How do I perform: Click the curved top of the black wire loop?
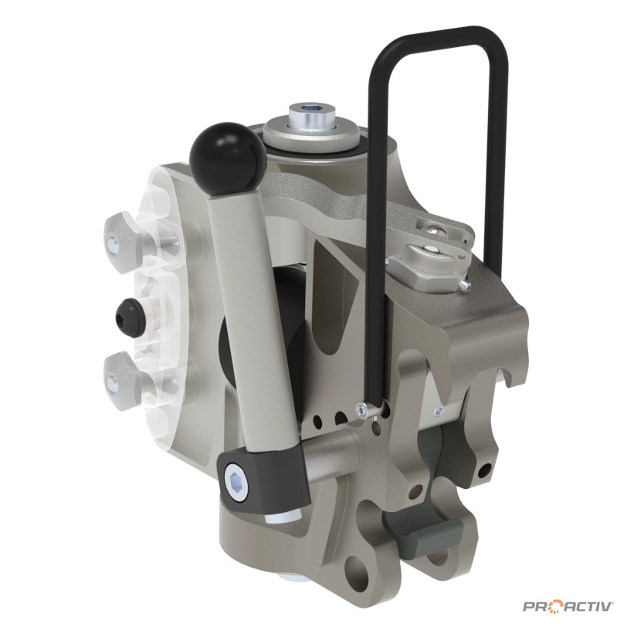point(441,40)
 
